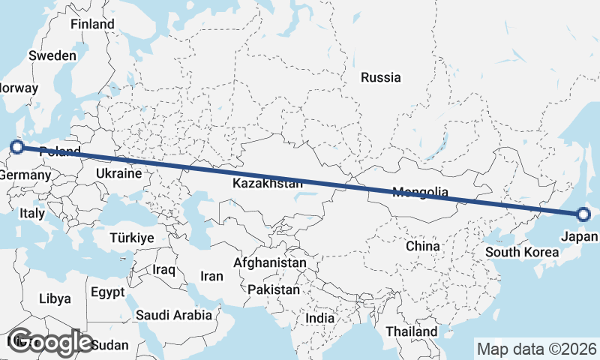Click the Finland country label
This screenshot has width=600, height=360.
[x=92, y=24]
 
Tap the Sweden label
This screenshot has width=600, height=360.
[x=52, y=55]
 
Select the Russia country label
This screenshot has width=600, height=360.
[x=380, y=77]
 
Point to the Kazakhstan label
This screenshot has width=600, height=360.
[x=267, y=183]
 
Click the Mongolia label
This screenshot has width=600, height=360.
[x=420, y=192]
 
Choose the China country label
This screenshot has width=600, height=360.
[x=422, y=246]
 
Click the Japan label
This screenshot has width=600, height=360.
[x=579, y=237]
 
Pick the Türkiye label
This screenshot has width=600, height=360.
[x=131, y=238]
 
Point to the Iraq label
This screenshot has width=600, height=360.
[x=163, y=269]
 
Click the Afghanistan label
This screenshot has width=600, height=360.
[x=270, y=263]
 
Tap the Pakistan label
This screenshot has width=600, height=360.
[x=274, y=289]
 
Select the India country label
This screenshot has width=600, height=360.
[x=319, y=318]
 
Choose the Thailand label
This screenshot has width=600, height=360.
[x=411, y=331]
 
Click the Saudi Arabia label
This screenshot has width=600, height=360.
[x=174, y=316]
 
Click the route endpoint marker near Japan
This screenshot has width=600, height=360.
[x=584, y=215]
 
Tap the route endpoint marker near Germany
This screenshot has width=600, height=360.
[x=16, y=146]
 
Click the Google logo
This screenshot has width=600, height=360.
[x=50, y=341]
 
